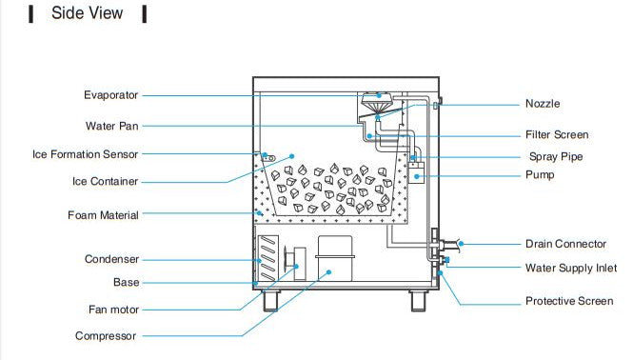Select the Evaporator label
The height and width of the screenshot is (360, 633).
(110, 95)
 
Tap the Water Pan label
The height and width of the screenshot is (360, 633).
(112, 125)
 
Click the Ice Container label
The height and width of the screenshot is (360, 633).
(105, 181)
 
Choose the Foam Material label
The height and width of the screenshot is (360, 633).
(103, 215)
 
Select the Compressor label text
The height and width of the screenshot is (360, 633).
(106, 336)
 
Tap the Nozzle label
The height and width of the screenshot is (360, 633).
(543, 104)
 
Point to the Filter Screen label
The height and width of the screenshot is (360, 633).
(557, 135)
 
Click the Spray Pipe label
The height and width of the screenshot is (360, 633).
(556, 157)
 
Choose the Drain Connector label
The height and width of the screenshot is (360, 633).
(567, 245)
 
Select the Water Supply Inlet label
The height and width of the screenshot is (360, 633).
(571, 269)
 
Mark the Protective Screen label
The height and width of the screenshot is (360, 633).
(569, 302)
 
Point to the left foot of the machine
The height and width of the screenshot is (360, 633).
(270, 299)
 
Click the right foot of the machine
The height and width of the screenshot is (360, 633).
(419, 299)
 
